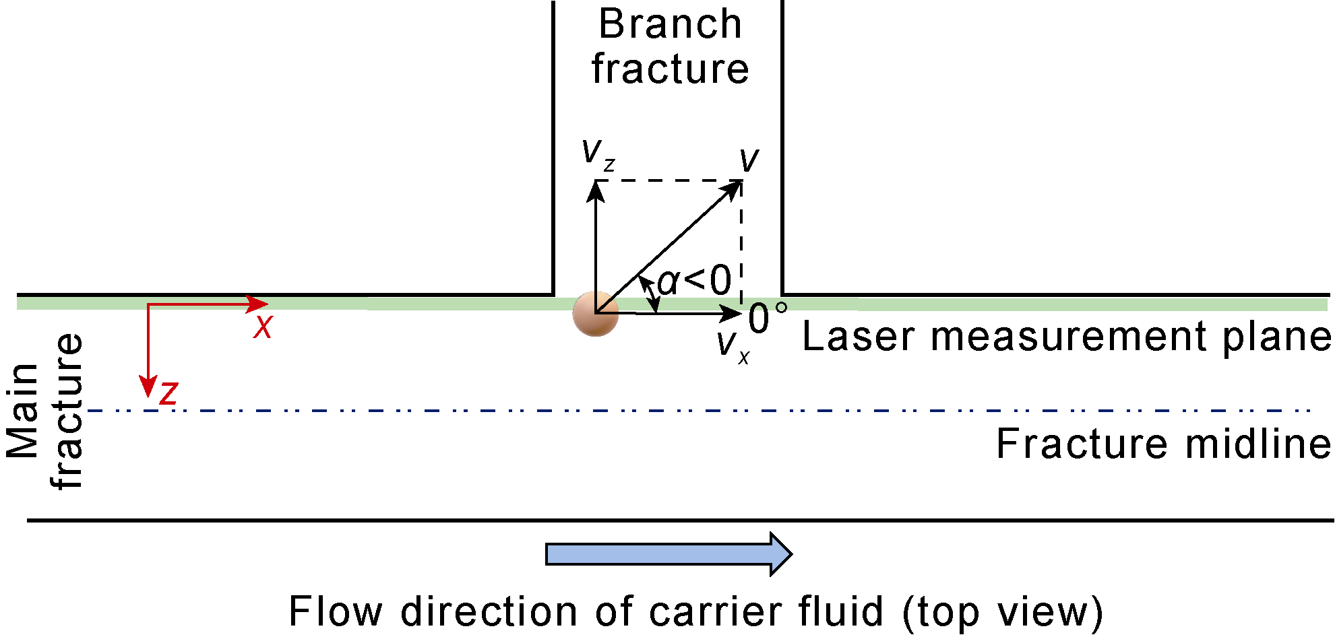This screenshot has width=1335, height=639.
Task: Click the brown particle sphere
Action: coord(596,314)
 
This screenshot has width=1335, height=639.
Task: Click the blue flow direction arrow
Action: coord(667,554)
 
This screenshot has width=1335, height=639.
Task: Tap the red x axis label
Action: coord(263,327)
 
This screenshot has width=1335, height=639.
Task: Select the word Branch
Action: coord(670,24)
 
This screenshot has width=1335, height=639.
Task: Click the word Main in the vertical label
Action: coord(22,411)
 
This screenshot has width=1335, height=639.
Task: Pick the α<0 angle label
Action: coord(694,281)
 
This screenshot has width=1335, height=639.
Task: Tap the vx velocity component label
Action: coord(732,345)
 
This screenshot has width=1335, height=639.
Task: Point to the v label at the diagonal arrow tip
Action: coord(749,160)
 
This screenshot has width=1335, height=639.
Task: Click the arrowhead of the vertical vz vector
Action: coord(596,191)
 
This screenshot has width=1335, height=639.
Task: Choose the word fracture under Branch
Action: coord(670,69)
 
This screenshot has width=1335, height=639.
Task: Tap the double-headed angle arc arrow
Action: coord(650,294)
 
